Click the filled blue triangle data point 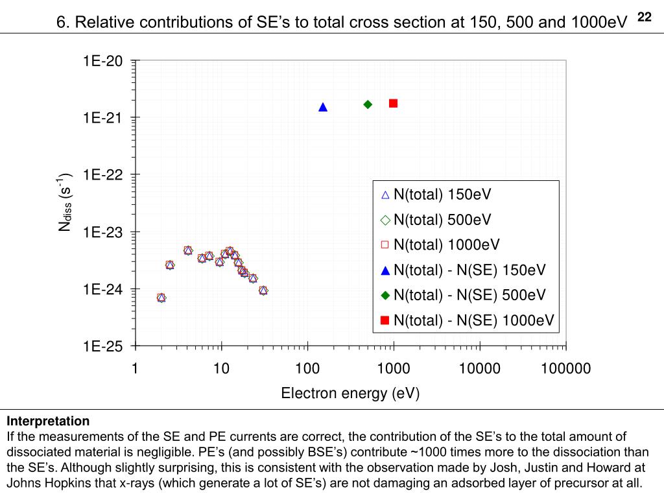tap(323, 107)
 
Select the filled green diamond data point tap(368, 104)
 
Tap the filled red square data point tap(393, 103)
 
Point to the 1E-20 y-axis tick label tap(102, 61)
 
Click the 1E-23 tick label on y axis tap(102, 232)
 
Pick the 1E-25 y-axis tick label tap(102, 346)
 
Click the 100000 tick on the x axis tap(566, 369)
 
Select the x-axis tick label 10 tap(221, 369)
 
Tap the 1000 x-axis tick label tap(393, 369)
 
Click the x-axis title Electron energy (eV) tap(350, 393)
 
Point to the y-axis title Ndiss tap(65, 203)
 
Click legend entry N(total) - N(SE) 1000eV tap(473, 320)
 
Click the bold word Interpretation tap(48, 421)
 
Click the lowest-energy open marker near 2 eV tap(161, 298)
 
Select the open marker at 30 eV tap(263, 290)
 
